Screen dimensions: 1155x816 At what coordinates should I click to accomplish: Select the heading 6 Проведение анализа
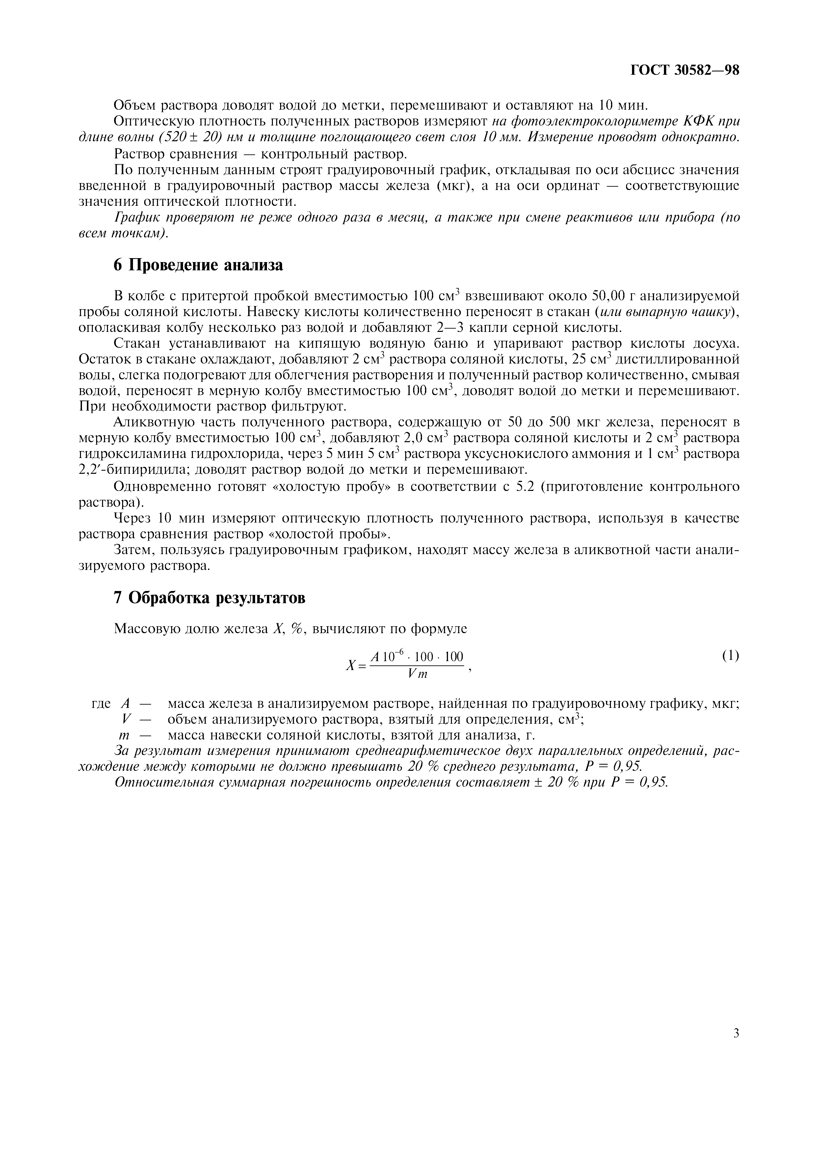coord(198,265)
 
